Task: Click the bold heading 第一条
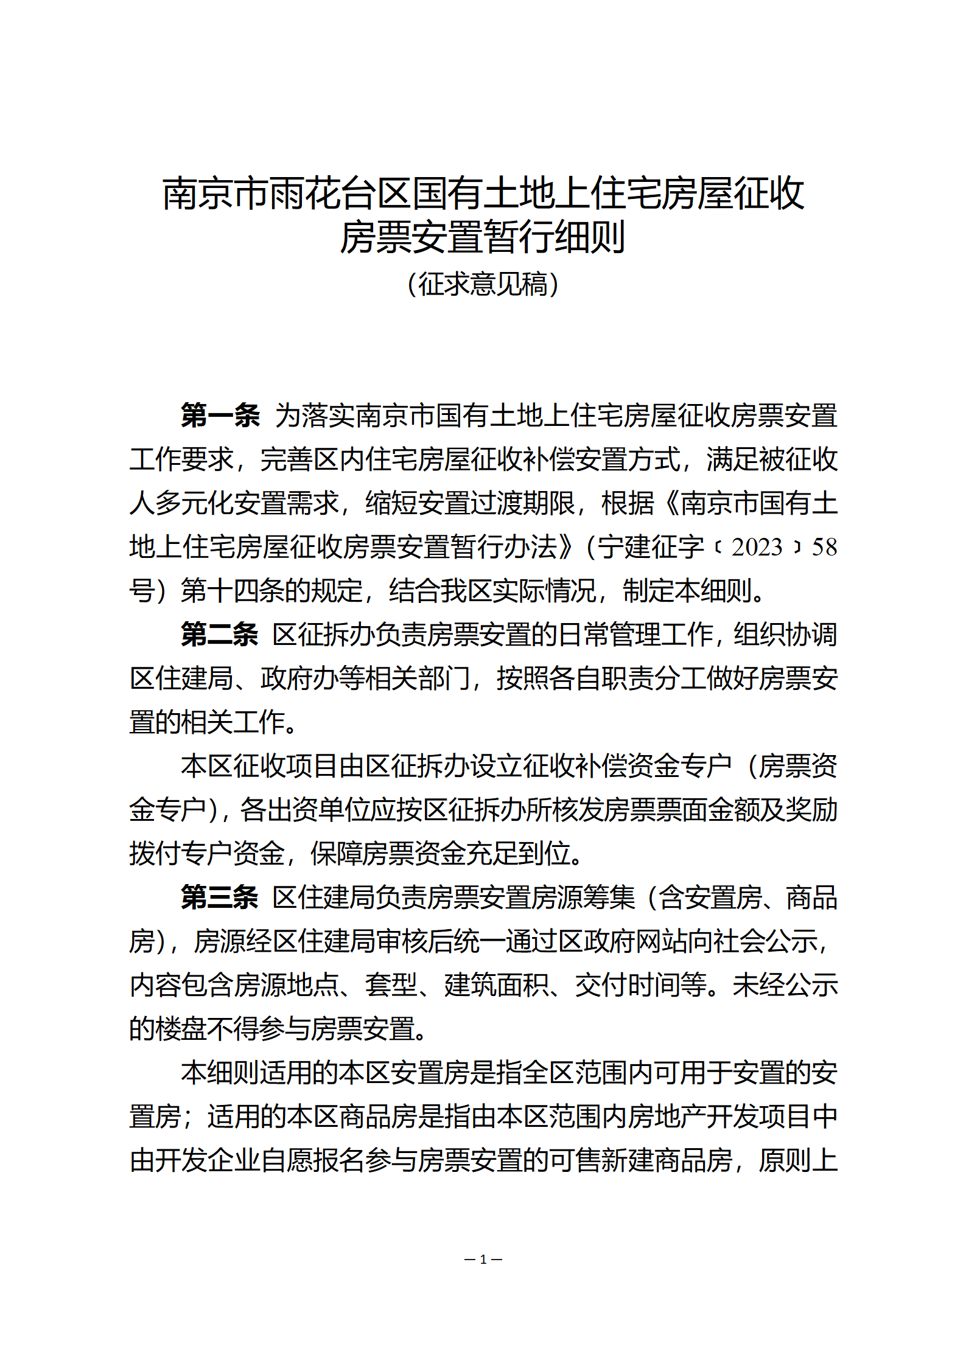[x=220, y=415]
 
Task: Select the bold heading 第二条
[x=220, y=634]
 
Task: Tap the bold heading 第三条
[x=220, y=897]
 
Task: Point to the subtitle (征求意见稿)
[x=483, y=284]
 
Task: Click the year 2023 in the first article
[x=757, y=547]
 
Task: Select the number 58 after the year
[x=824, y=547]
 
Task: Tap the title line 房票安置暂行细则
[x=483, y=237]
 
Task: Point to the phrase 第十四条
[x=233, y=591]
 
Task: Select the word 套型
[x=391, y=985]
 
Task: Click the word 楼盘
[x=181, y=1029]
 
